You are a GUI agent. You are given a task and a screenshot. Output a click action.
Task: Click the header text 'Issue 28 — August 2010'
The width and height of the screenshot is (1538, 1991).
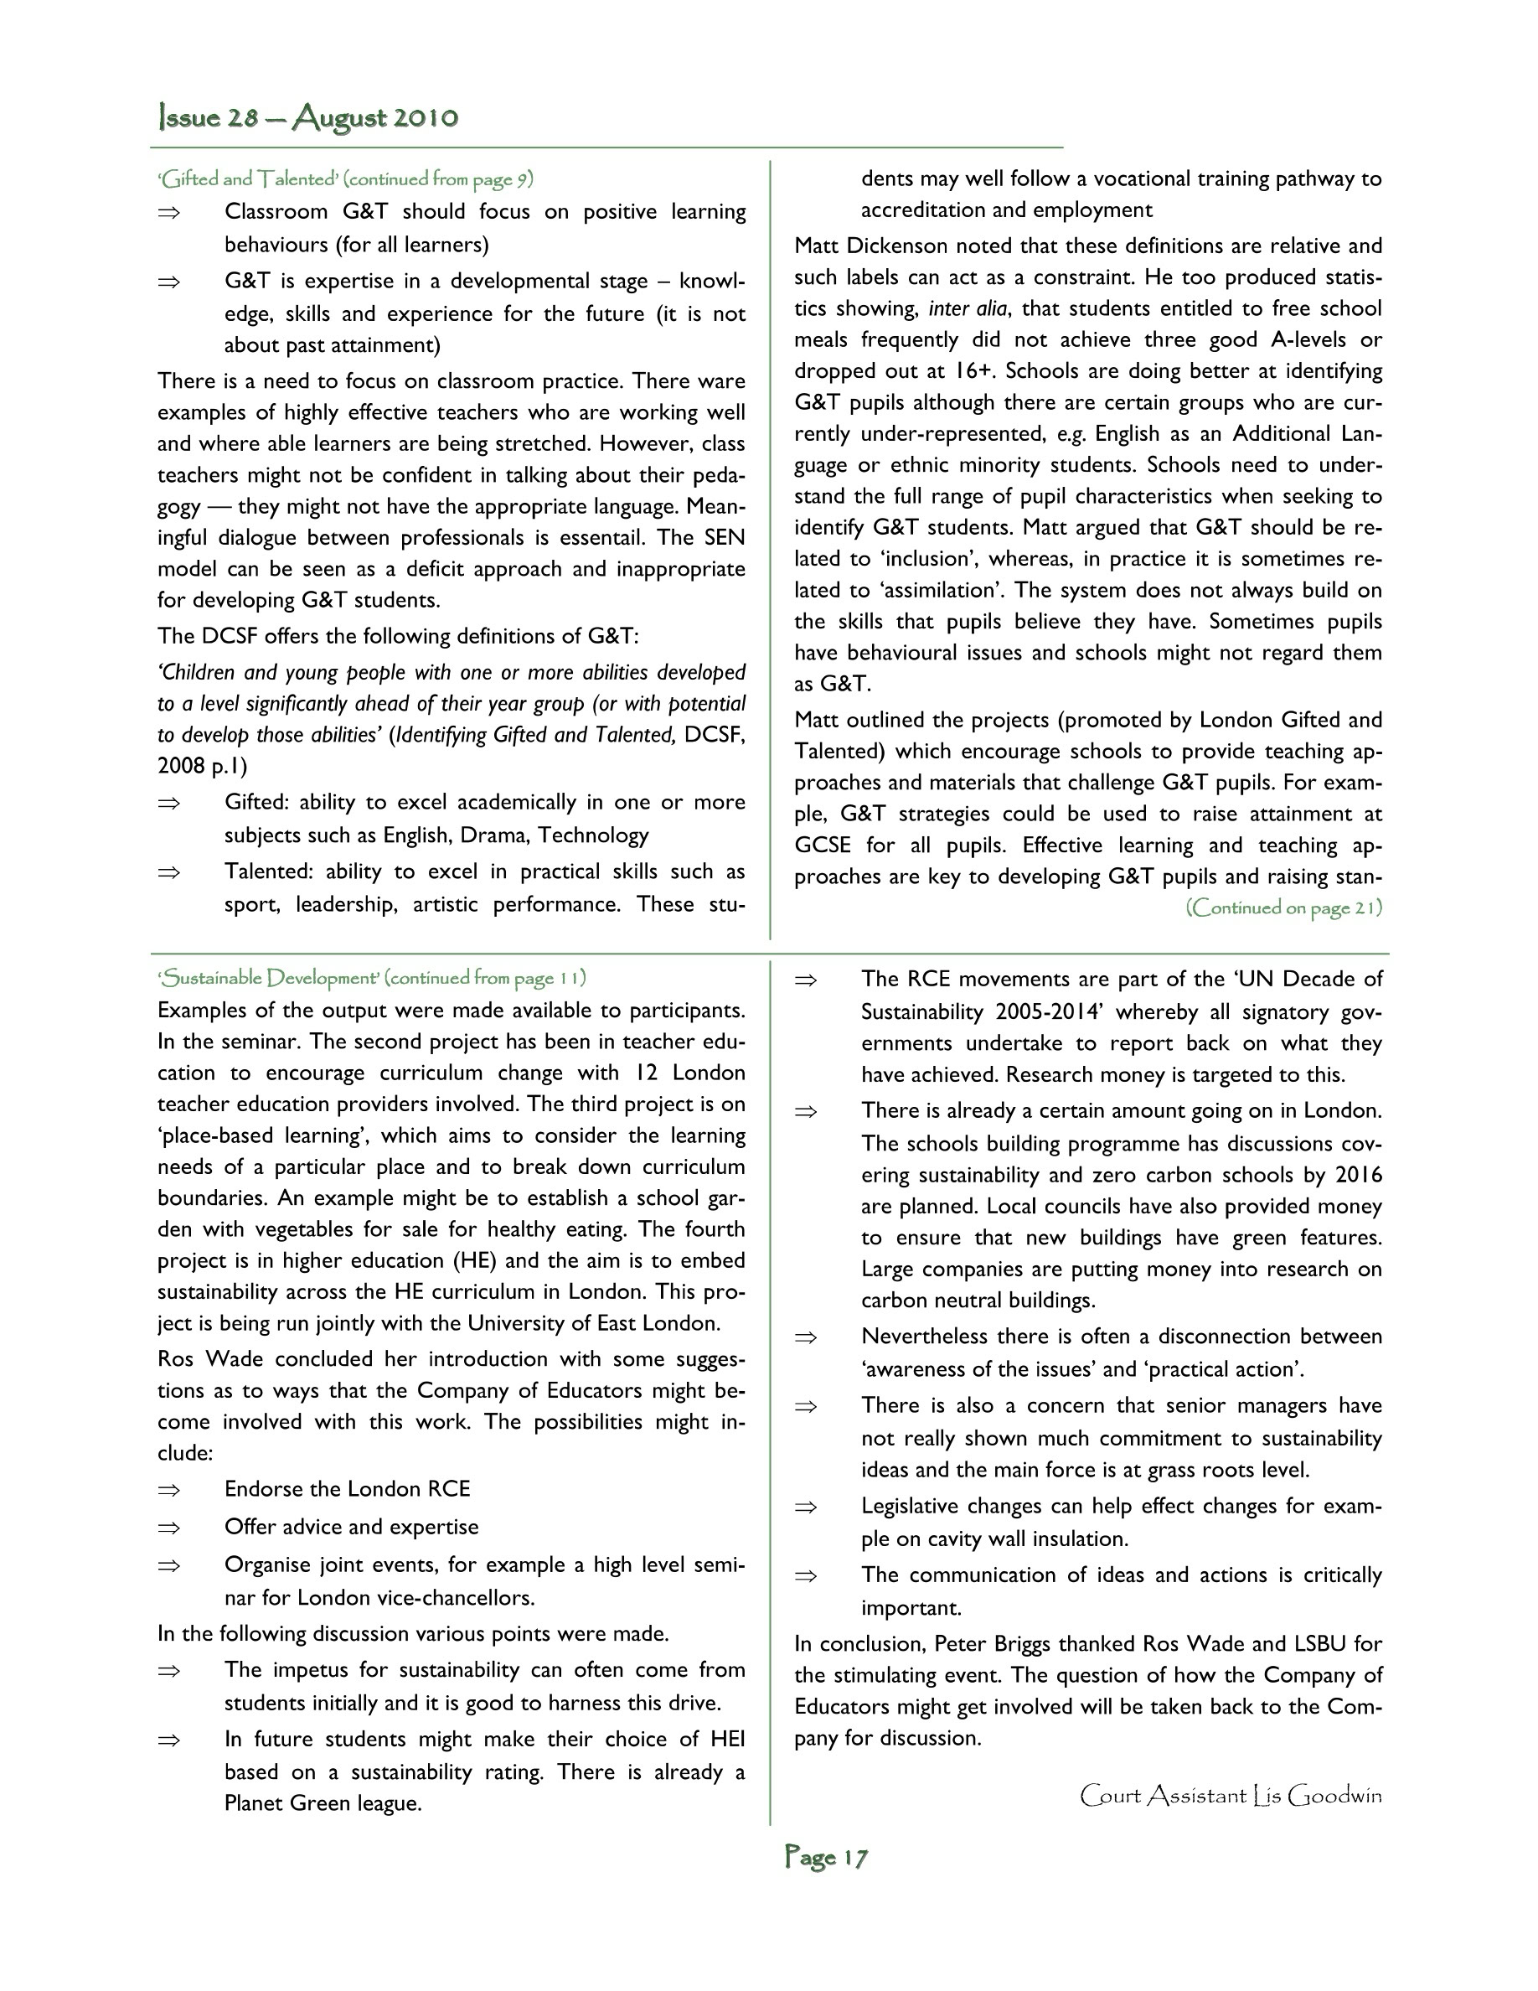pos(308,117)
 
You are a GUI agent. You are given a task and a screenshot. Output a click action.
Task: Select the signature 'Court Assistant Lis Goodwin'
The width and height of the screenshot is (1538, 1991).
pos(1230,1795)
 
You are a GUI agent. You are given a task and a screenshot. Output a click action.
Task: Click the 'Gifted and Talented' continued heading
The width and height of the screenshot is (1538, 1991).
pos(345,178)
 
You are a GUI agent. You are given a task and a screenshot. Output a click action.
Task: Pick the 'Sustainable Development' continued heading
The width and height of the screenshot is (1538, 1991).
pos(372,977)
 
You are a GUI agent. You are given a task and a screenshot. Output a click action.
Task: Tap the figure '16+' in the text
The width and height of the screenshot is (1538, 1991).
pos(971,371)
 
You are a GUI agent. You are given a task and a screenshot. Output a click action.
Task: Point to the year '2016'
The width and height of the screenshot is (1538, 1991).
pos(1359,1175)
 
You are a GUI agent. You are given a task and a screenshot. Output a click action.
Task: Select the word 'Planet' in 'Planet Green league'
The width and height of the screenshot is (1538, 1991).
pos(254,1803)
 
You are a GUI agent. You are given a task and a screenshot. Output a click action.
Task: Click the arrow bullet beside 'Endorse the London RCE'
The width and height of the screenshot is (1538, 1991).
pos(168,1490)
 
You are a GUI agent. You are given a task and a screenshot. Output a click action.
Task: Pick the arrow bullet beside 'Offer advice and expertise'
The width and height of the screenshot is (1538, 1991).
pos(168,1527)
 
